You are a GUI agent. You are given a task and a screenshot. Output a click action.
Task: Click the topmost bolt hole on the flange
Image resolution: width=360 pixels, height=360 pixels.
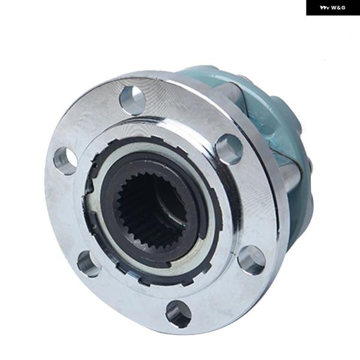pyautogui.click(x=133, y=99)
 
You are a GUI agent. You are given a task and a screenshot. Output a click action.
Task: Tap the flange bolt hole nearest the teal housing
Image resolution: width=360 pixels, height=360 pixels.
pyautogui.click(x=230, y=149)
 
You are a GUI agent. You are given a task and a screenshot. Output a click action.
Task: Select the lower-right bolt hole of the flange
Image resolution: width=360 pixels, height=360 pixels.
pyautogui.click(x=251, y=260)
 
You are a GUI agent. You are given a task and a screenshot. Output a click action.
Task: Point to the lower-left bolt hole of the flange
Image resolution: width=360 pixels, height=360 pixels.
pyautogui.click(x=88, y=263)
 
